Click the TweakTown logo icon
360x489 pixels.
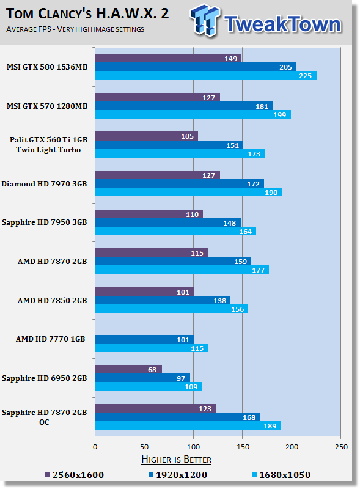(x=204, y=20)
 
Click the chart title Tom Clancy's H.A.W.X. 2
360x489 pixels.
(x=87, y=13)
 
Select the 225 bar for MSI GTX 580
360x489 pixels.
(x=206, y=75)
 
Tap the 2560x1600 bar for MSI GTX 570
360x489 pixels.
(x=158, y=97)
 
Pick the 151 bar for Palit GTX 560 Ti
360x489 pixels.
(x=169, y=145)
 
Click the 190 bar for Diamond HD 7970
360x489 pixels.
(x=188, y=192)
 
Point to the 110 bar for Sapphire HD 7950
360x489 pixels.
(x=149, y=214)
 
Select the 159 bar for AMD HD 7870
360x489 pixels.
(x=173, y=262)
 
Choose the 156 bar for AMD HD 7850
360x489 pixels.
(x=172, y=309)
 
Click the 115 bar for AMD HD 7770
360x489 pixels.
(x=152, y=348)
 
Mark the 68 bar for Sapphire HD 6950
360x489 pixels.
(x=128, y=369)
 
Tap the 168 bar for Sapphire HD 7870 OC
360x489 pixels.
(x=178, y=417)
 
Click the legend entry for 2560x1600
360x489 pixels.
(x=74, y=475)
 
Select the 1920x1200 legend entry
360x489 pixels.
(x=177, y=475)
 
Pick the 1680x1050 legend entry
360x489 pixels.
(x=281, y=475)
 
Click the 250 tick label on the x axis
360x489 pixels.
(x=341, y=447)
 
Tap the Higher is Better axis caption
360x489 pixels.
(x=176, y=460)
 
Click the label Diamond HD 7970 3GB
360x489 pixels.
(x=44, y=184)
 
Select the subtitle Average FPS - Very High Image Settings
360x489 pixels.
(x=75, y=29)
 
